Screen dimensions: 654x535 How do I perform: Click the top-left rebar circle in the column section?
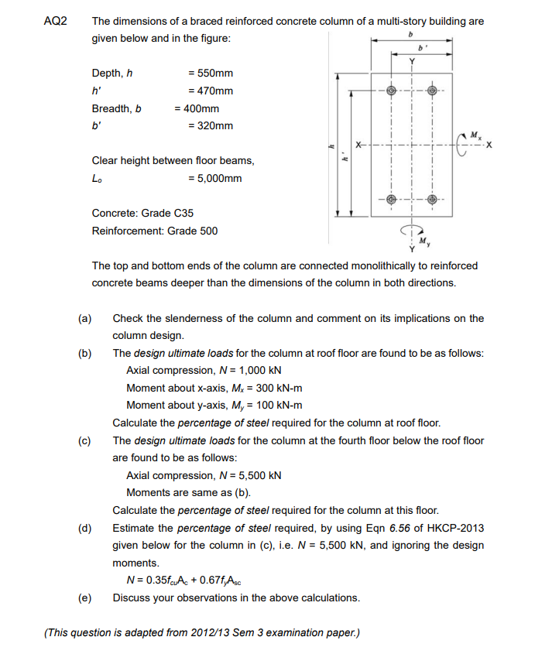point(392,91)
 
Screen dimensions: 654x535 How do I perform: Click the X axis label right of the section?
point(489,145)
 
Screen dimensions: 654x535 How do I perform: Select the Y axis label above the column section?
point(412,61)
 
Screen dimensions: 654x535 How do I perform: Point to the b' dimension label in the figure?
point(424,46)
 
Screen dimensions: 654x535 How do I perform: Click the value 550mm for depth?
point(211,74)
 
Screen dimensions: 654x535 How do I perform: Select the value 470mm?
point(211,91)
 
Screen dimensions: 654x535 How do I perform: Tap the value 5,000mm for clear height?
point(214,179)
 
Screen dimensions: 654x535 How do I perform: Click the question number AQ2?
point(56,21)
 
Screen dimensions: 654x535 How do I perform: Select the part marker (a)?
point(84,318)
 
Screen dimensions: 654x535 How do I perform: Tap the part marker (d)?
point(84,528)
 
